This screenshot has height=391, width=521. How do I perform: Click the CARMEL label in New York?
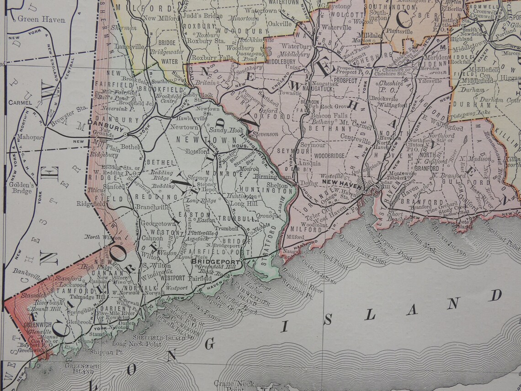point(22,103)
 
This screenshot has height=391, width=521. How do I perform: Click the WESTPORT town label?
point(172,278)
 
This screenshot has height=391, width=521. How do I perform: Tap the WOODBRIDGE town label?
point(330,156)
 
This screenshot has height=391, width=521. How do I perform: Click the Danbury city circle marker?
point(126,134)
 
